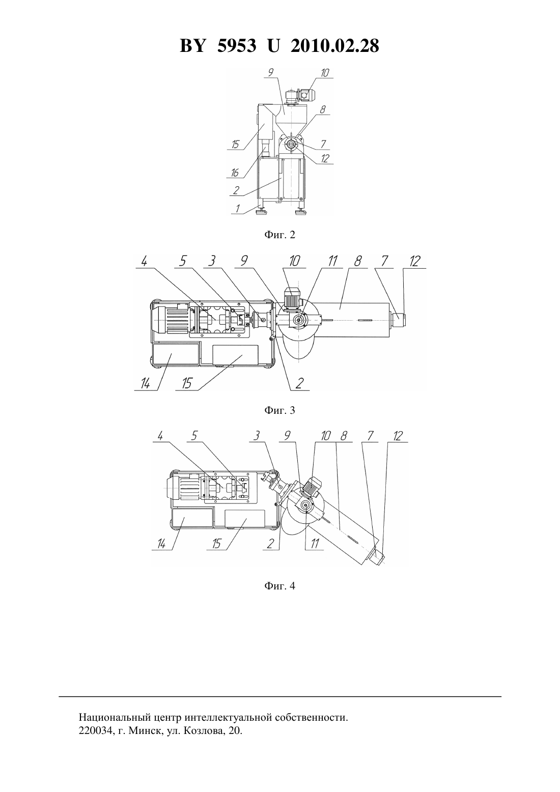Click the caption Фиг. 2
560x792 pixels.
tap(279, 235)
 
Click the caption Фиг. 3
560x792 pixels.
tap(279, 410)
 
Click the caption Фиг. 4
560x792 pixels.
tap(279, 586)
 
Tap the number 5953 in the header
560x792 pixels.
tap(237, 46)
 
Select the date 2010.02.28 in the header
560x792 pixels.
tap(335, 46)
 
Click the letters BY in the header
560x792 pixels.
tap(192, 46)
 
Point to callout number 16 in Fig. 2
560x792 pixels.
tap(235, 173)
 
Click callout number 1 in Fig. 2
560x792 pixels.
tap(238, 209)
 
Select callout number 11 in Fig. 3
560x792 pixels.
tap(332, 261)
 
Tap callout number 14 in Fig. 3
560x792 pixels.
tap(145, 383)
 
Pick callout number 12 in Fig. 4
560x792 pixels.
tap(398, 436)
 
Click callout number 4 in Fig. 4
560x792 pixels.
tap(160, 436)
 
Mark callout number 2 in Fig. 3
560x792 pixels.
tap(299, 383)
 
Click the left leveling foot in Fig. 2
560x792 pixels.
tap(262, 211)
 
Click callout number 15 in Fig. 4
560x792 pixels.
tap(216, 544)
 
